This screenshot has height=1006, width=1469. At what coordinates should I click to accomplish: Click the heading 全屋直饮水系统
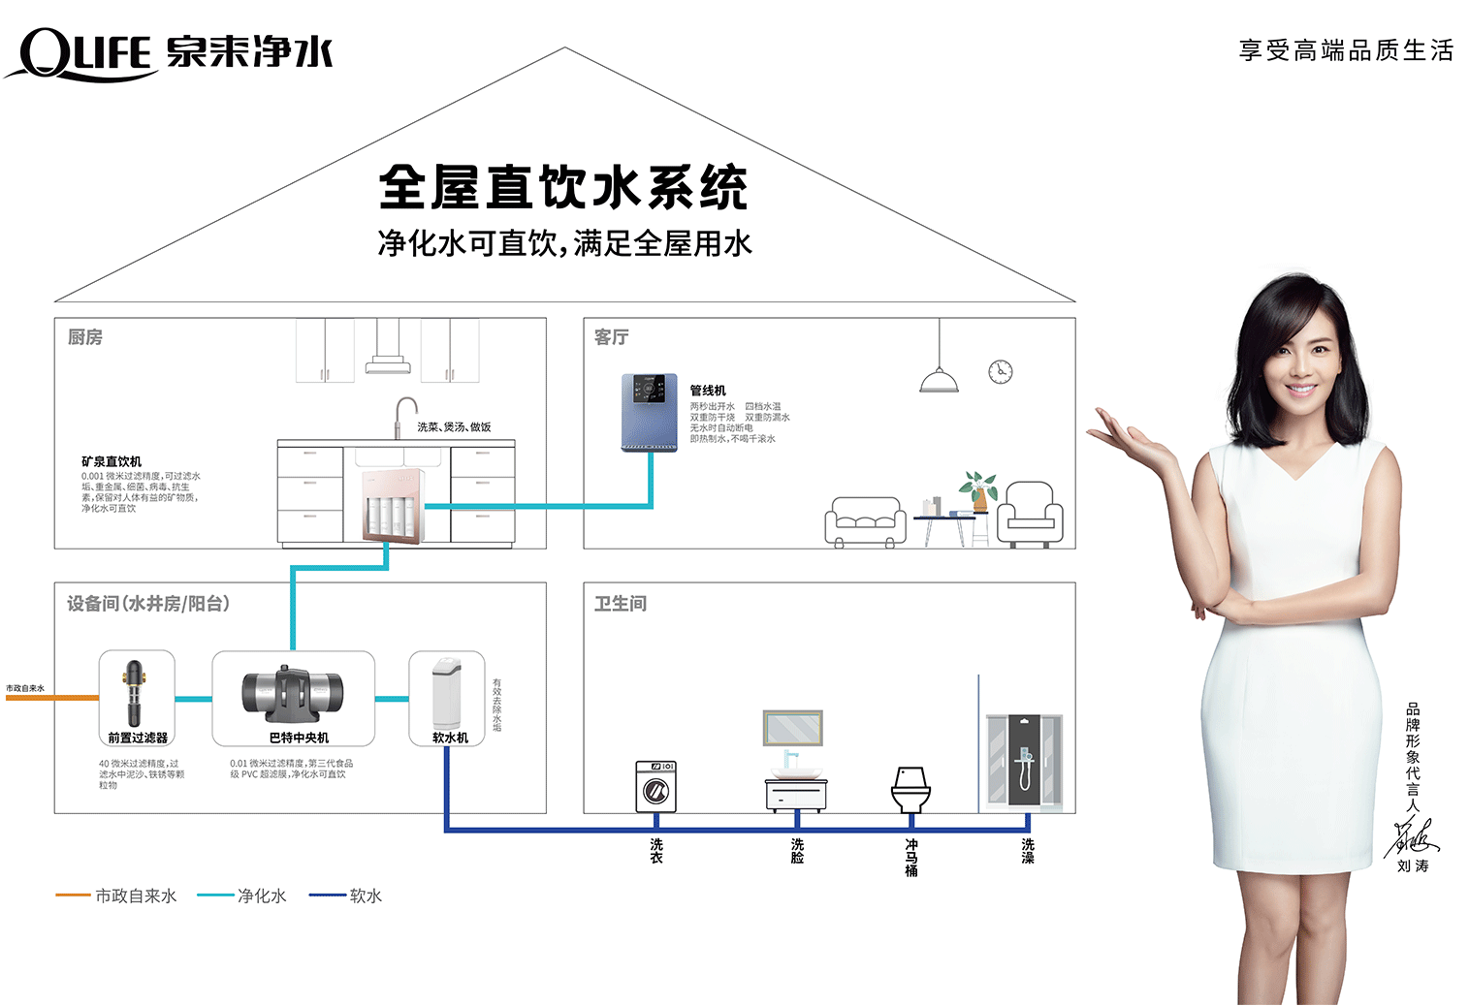[x=562, y=187]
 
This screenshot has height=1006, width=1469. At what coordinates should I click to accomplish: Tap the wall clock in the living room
[x=1000, y=371]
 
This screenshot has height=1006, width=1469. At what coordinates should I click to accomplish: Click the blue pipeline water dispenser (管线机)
[x=649, y=412]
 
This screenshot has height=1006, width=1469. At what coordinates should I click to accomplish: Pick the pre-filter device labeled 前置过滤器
[x=136, y=693]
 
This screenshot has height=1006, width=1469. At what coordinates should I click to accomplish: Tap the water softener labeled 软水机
[x=447, y=693]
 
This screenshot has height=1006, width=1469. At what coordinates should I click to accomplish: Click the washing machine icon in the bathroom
[x=655, y=786]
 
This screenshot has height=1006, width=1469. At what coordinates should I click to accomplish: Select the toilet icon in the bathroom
[x=910, y=788]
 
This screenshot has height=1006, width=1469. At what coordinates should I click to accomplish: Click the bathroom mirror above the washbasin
[x=792, y=728]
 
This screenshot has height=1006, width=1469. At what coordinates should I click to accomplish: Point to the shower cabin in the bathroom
[x=1023, y=762]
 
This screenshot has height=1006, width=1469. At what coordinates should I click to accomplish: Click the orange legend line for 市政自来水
[x=73, y=896]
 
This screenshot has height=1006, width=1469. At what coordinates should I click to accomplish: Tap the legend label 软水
[x=366, y=896]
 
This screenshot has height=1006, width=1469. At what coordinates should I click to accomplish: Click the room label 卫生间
[x=620, y=604]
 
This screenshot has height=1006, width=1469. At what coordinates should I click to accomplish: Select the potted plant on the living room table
[x=978, y=489]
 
